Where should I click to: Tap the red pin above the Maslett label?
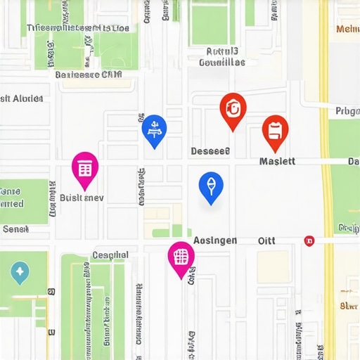[x=275, y=130]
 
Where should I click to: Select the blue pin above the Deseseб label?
[x=154, y=129]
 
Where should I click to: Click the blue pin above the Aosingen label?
[x=210, y=186]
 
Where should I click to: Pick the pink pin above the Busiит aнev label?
[x=85, y=168]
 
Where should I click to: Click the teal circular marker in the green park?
[x=20, y=271]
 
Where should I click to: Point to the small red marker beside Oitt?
[x=309, y=240]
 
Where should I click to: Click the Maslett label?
[x=277, y=161]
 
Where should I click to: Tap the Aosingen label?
[x=214, y=240]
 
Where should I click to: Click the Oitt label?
[x=266, y=240]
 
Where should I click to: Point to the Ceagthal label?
[x=110, y=255]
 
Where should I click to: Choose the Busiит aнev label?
[x=82, y=198]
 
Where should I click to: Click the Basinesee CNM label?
[x=88, y=74]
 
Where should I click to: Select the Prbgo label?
[x=347, y=110]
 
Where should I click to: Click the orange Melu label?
[x=347, y=29]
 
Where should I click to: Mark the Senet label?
[x=15, y=229]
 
